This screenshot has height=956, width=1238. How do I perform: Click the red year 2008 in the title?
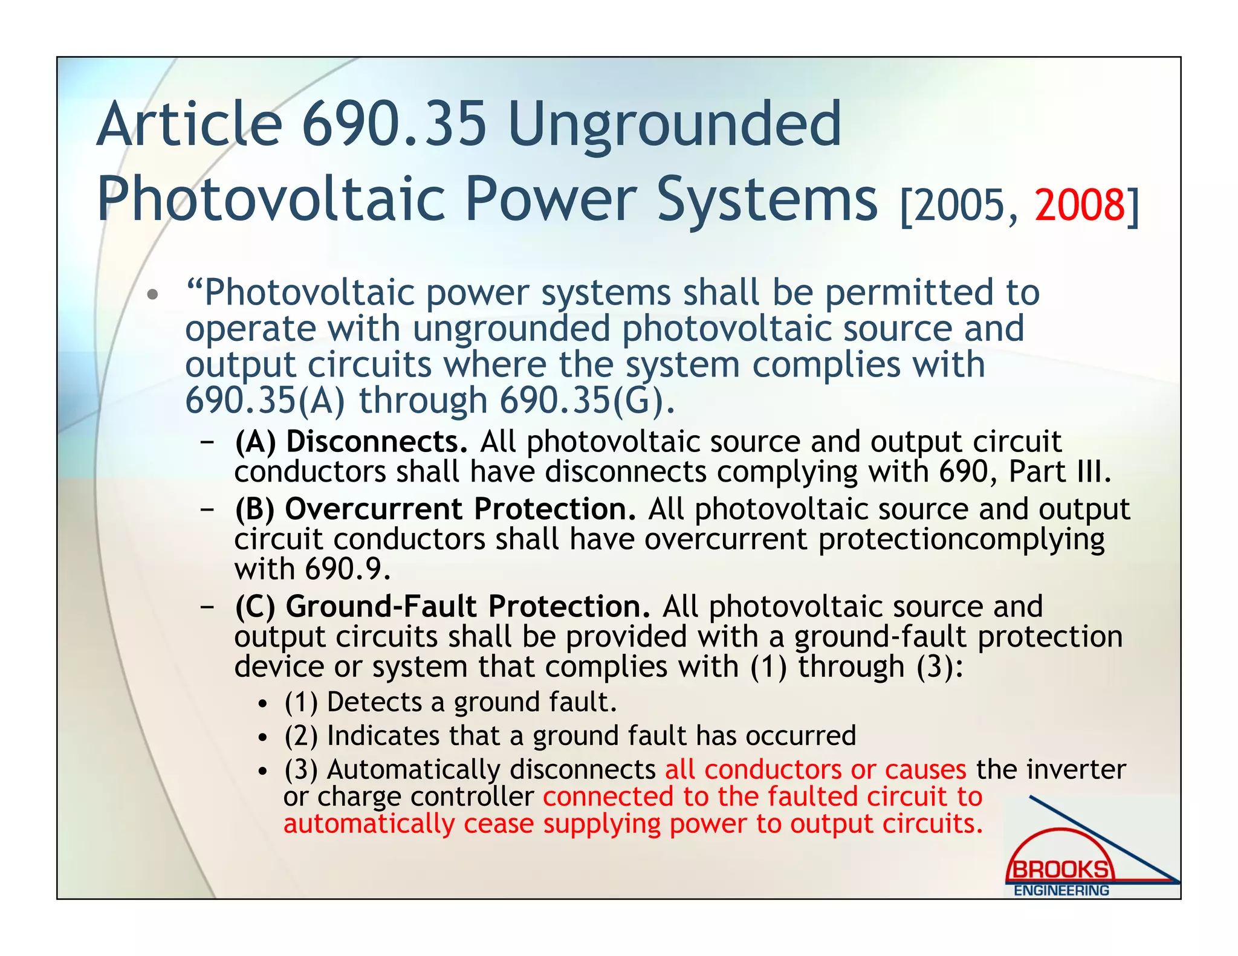[x=1080, y=205]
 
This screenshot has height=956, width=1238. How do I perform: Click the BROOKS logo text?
[x=1060, y=870]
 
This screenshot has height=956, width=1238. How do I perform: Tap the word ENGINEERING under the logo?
[x=1061, y=891]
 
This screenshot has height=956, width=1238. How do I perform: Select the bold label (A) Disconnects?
[x=351, y=442]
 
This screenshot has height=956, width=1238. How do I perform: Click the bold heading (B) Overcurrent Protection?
[x=435, y=509]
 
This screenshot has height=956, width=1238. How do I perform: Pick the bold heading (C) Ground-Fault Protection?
[x=442, y=606]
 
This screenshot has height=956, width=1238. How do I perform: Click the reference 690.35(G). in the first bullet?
[x=587, y=401]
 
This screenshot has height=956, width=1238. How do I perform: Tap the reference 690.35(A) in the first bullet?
[x=265, y=401]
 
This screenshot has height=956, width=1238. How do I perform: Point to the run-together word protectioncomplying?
[x=961, y=539]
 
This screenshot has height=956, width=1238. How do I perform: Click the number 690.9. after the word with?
[x=348, y=569]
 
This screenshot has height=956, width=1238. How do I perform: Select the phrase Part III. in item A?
[x=1060, y=471]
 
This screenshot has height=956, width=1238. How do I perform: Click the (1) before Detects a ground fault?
[x=301, y=702]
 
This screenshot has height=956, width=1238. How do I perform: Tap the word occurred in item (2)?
[x=800, y=736]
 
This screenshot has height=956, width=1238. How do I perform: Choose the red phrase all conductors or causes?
[x=815, y=769]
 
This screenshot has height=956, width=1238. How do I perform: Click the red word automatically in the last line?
[x=369, y=824]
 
